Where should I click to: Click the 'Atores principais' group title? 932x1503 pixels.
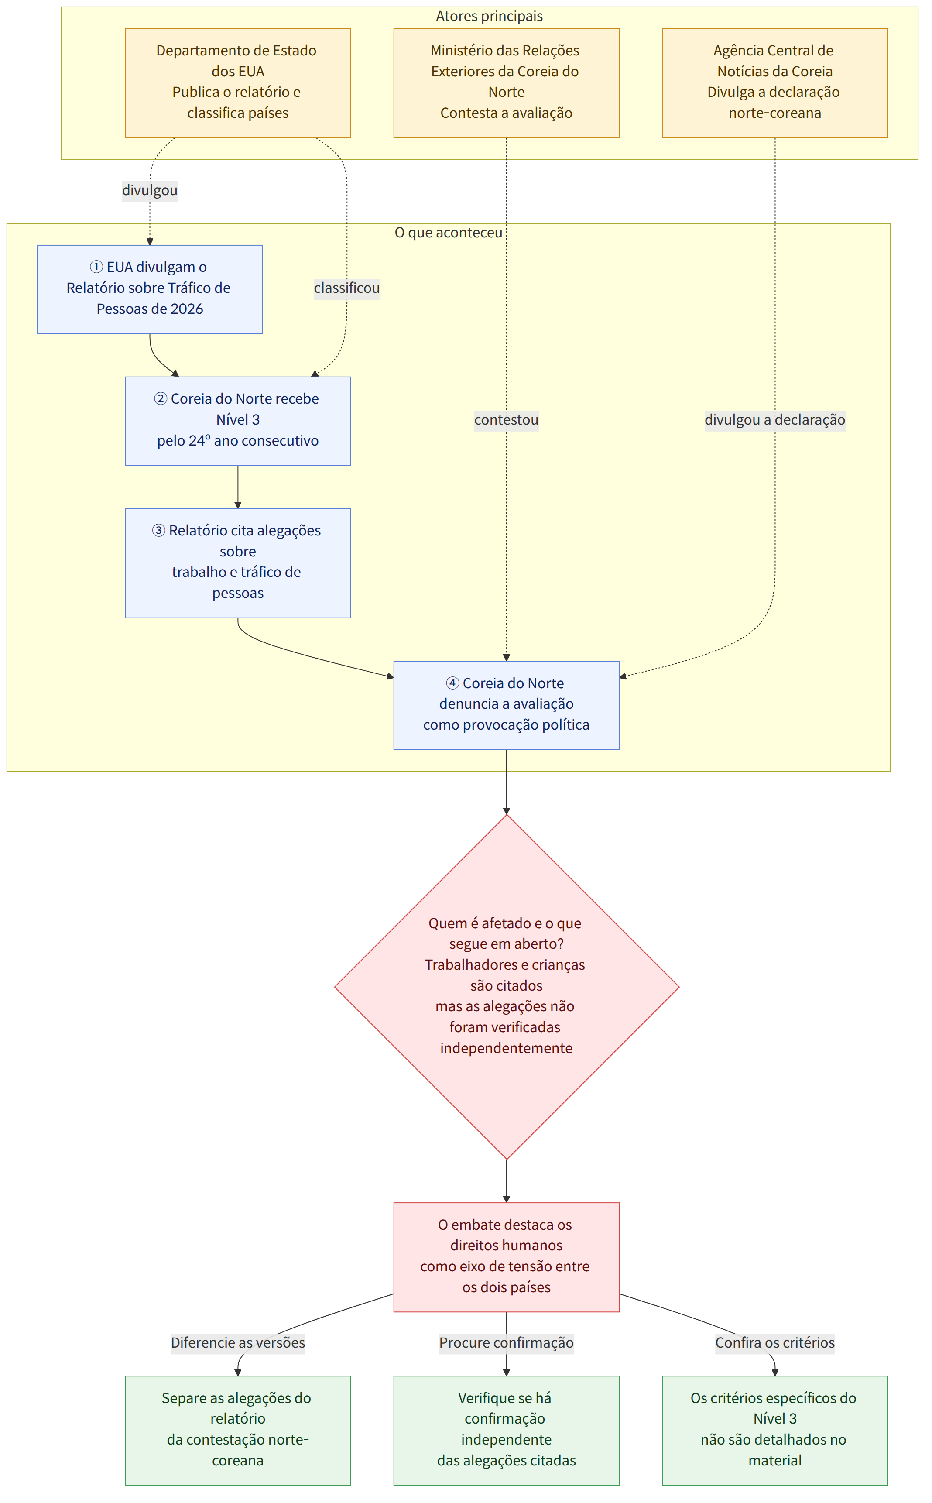click(490, 16)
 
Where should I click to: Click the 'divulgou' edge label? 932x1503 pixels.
click(150, 190)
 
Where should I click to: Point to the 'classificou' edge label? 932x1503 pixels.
click(347, 288)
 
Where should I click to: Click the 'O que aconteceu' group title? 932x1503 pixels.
click(449, 233)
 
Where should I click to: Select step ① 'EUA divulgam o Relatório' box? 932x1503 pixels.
click(150, 289)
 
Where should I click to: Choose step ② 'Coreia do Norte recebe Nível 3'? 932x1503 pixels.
click(238, 421)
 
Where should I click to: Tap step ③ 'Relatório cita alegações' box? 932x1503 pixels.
click(238, 563)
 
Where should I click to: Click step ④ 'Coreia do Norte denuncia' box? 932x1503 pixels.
click(506, 705)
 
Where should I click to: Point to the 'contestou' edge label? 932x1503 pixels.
click(506, 420)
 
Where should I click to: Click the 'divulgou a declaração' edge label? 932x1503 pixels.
click(775, 420)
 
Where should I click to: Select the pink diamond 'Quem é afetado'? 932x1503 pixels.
click(507, 987)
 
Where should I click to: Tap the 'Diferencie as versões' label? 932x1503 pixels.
click(238, 1343)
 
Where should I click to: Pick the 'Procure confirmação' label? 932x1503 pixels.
click(506, 1343)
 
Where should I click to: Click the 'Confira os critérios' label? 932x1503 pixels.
click(775, 1343)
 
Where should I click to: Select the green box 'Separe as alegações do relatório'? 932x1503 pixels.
click(238, 1430)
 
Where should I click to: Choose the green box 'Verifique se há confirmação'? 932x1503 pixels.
click(506, 1430)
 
